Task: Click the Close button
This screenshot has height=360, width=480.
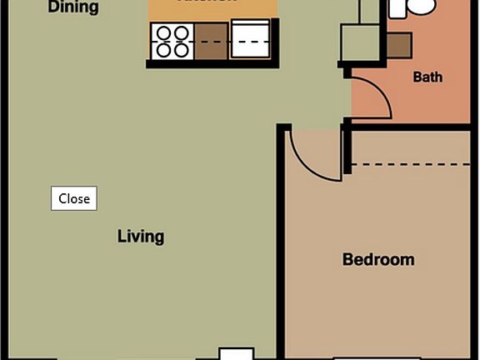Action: click(x=74, y=198)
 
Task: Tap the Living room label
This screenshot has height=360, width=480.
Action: click(x=140, y=237)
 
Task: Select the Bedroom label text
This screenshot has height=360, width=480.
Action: click(x=378, y=260)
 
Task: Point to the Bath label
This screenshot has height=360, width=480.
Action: click(x=427, y=77)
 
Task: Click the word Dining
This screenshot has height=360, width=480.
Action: click(x=73, y=8)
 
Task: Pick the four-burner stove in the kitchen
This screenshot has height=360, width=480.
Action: click(x=172, y=42)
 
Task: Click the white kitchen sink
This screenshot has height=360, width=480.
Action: click(x=250, y=40)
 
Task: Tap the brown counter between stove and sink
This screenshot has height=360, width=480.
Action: click(x=212, y=42)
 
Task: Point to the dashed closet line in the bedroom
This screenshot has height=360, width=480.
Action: click(x=412, y=165)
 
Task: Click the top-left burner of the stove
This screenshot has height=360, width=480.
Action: click(x=163, y=34)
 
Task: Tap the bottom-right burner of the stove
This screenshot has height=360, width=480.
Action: click(x=182, y=50)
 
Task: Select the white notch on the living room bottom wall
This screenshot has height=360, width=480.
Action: click(x=236, y=353)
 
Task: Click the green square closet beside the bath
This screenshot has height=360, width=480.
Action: click(x=359, y=42)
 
